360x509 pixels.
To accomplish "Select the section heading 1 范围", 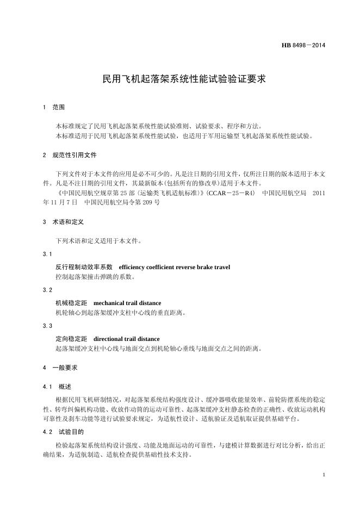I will coord(54,108).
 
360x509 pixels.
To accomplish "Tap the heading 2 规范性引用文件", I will coord(70,155).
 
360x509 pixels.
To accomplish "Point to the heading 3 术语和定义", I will coord(63,222).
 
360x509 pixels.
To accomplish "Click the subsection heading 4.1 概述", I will coord(57,387).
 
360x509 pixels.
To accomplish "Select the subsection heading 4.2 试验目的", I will coord(63,432).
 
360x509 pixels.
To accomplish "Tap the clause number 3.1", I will coord(47,254).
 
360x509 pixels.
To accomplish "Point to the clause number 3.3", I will coord(47,326).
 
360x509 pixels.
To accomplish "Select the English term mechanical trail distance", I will coord(127,303).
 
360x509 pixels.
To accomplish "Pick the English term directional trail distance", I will coord(127,339).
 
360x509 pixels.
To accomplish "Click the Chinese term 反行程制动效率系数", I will coord(84,267).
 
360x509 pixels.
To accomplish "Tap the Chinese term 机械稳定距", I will coord(71,303).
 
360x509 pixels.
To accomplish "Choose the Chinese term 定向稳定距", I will coord(71,339).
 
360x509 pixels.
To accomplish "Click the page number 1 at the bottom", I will coord(324,475).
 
